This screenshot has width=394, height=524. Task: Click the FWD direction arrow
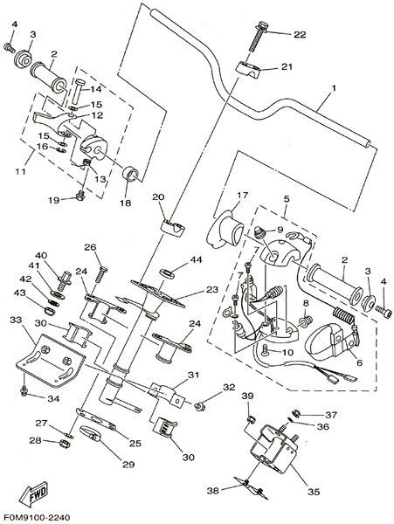click(33, 493)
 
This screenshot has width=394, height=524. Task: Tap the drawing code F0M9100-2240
click(36, 518)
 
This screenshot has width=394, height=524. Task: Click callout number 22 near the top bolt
click(300, 34)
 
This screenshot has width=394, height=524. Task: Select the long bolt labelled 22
click(257, 36)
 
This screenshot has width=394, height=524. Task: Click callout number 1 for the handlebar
click(333, 88)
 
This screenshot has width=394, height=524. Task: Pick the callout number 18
click(126, 203)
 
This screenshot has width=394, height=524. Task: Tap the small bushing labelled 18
click(131, 174)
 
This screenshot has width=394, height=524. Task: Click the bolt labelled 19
click(79, 196)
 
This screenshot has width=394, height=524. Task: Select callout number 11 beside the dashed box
click(20, 171)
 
